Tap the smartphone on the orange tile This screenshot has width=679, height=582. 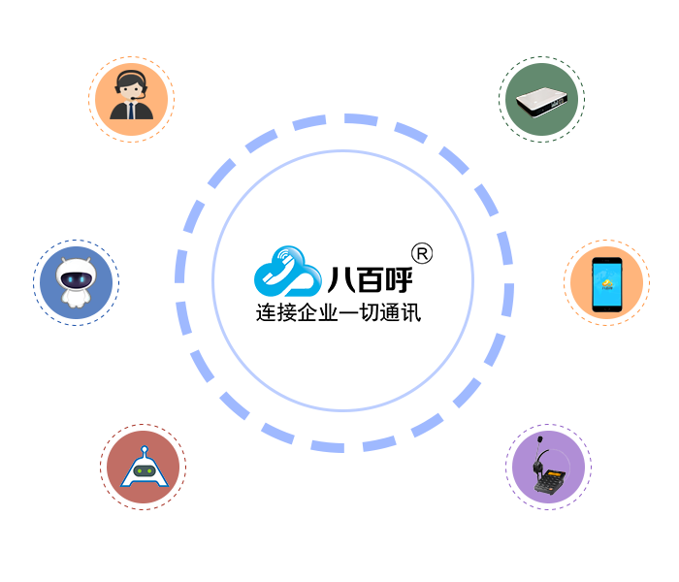(x=606, y=283)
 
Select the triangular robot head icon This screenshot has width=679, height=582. (x=145, y=469)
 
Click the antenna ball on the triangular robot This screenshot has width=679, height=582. (x=145, y=450)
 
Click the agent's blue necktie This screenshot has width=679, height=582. (x=132, y=110)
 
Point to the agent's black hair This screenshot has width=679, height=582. (x=131, y=76)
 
